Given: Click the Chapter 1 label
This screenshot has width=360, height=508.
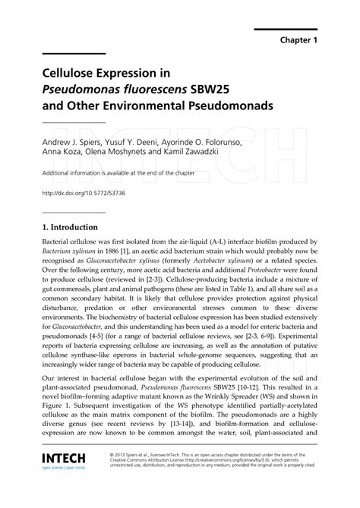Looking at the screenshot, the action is coord(305,38).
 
